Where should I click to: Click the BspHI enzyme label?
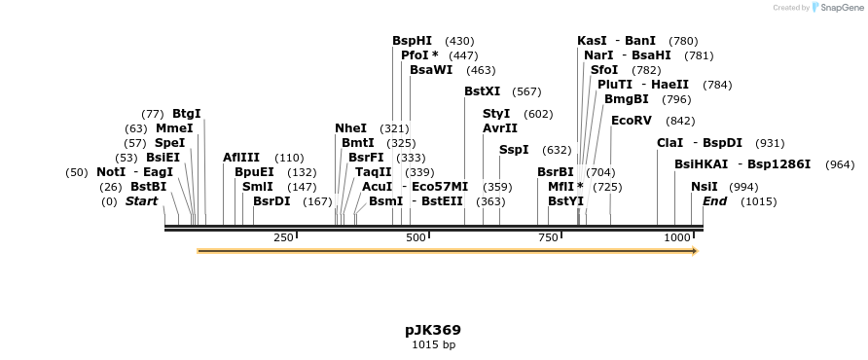412,41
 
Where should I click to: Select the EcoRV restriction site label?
631,121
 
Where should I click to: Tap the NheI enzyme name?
350,128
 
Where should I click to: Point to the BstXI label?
482,91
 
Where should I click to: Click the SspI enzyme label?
514,150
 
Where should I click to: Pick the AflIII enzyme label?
241,158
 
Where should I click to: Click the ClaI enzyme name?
670,143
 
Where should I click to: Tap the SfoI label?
604,70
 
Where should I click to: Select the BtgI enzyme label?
187,114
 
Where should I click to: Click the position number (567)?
526,91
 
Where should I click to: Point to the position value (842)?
680,121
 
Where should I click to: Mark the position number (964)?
839,164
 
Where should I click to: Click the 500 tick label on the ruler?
416,238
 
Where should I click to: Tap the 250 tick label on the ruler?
283,238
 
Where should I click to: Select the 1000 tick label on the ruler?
676,238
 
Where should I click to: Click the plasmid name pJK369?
433,330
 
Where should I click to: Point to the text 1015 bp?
433,344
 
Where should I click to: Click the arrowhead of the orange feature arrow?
695,251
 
